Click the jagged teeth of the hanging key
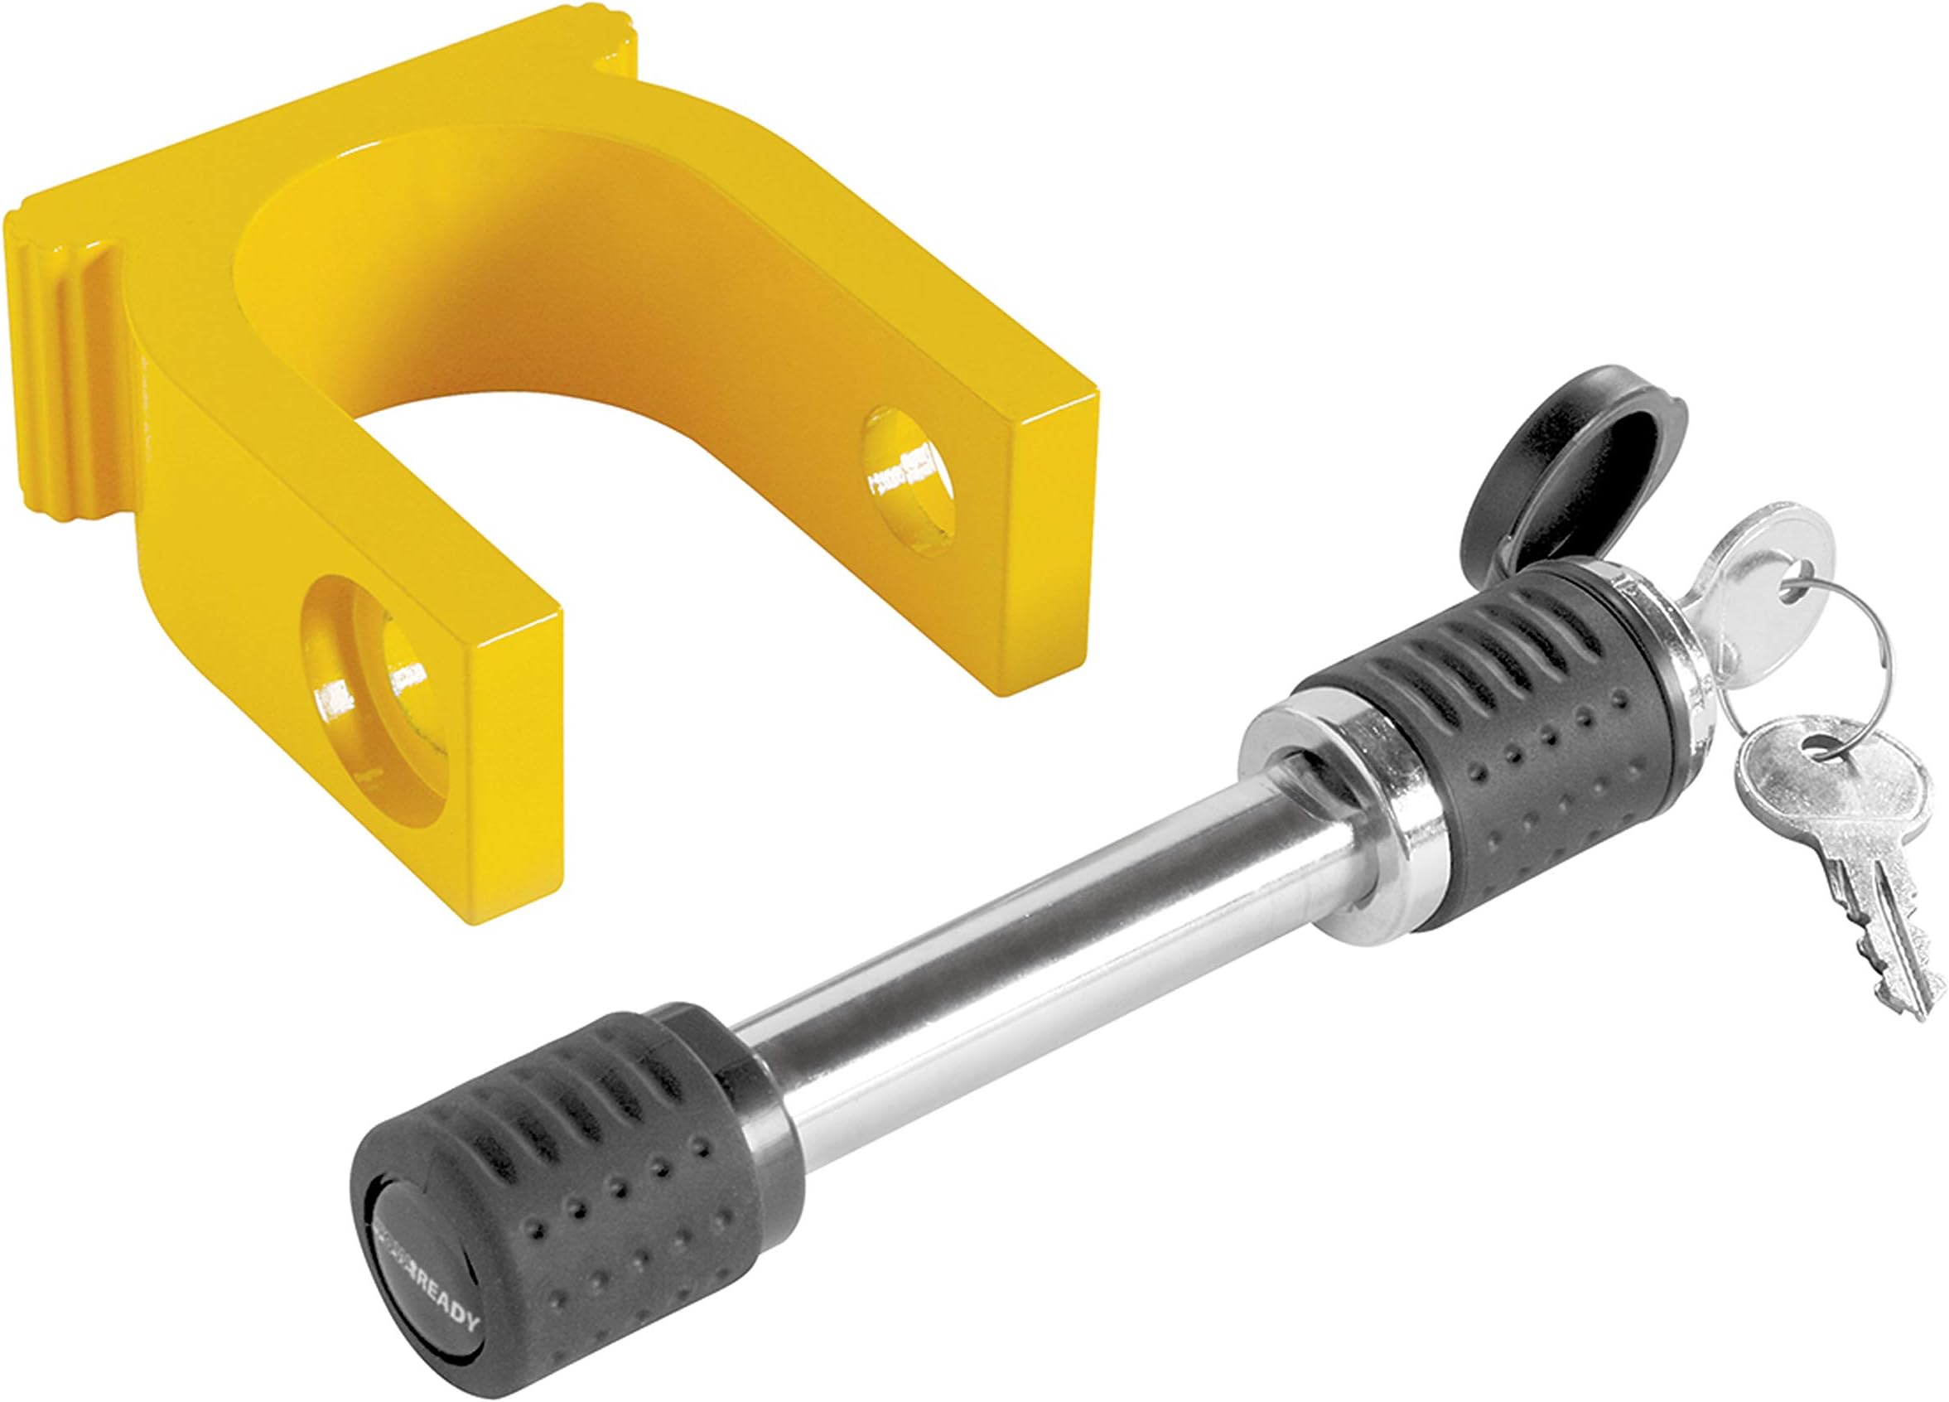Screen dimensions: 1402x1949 1890,963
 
